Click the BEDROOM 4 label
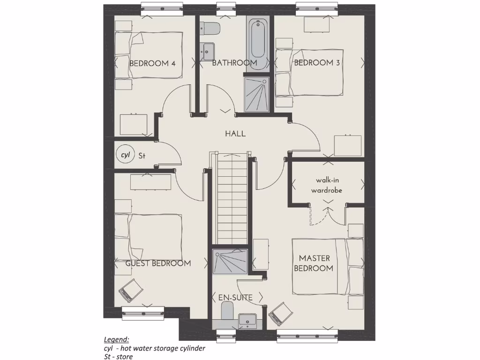pos(152,63)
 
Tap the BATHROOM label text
pos(234,63)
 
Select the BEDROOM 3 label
pos(316,63)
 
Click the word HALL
pos(235,134)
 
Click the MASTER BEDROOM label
pos(315,263)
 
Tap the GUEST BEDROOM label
pos(158,263)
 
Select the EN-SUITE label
pos(235,298)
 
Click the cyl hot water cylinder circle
pos(125,155)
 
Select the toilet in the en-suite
pos(227,310)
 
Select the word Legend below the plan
pos(116,340)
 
